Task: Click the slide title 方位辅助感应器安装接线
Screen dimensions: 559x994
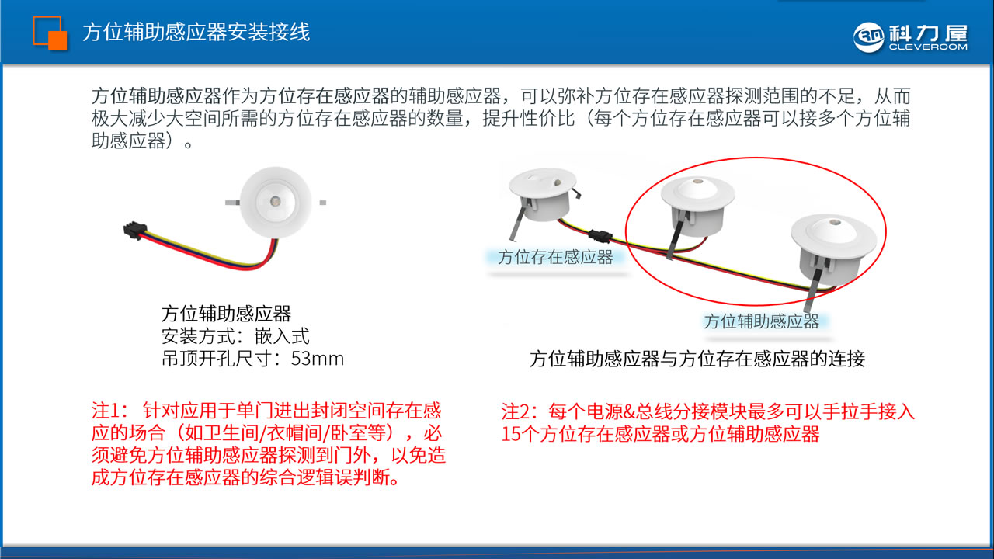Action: point(196,33)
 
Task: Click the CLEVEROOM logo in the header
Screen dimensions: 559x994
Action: point(910,36)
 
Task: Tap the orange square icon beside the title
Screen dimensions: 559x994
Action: point(50,33)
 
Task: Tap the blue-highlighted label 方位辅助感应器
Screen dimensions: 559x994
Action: point(761,321)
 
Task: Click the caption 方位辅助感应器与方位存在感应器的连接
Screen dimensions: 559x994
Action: point(697,359)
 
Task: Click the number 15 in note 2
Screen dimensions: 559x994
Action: point(511,434)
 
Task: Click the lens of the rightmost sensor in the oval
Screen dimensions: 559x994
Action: point(836,229)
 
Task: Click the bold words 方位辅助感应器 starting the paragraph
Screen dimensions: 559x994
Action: point(156,97)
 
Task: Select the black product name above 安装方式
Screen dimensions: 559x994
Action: point(226,314)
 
